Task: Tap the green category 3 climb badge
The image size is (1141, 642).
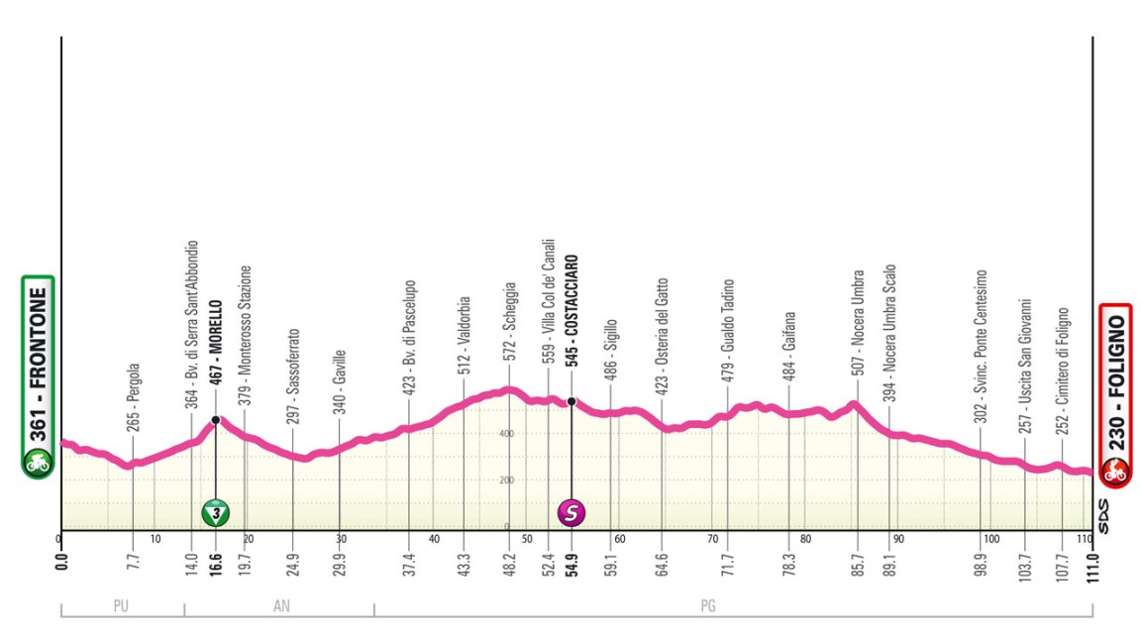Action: point(215,512)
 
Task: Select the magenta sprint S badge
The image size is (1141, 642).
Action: point(571,512)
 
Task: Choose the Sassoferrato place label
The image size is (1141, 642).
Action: point(293,372)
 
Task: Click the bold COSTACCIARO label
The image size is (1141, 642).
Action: point(571,311)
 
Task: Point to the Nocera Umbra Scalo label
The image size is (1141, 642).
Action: point(889,331)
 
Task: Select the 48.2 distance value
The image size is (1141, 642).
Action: point(510,565)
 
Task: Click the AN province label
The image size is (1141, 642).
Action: point(278,607)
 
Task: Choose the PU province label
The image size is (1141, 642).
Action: point(122,607)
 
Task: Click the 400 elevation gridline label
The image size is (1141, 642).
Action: point(505,434)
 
